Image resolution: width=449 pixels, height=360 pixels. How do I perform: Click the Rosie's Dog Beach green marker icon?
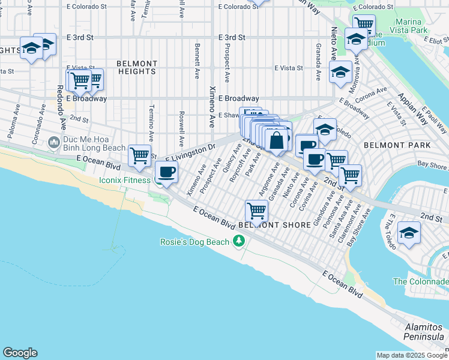coord(240,241)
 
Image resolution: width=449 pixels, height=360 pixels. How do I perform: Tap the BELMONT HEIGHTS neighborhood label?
coord(137,67)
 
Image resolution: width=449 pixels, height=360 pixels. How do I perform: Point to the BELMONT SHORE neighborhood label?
coord(274,225)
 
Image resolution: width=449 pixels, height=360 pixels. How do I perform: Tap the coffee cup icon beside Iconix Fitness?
coord(166,173)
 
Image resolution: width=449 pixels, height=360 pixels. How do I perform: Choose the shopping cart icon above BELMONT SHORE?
coord(256,211)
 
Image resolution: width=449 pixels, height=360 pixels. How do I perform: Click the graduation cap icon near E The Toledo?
coord(409,233)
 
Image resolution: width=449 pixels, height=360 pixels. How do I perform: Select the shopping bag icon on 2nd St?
coord(277,142)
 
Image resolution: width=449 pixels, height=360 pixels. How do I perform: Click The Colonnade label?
coord(421,281)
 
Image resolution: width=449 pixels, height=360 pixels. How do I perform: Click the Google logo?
coord(20,353)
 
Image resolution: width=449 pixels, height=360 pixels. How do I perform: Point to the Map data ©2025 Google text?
coord(411,355)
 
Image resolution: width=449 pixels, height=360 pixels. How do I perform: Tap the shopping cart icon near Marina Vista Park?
coord(364,24)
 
